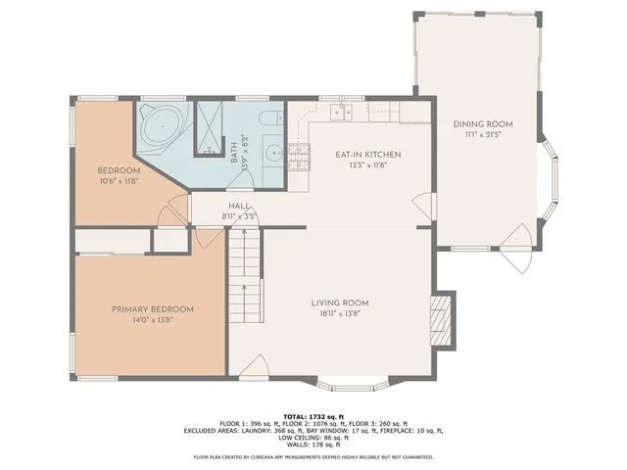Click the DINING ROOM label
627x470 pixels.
click(482, 124)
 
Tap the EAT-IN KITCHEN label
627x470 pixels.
click(368, 155)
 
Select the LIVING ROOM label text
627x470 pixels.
click(340, 303)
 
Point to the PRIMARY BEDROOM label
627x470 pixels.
click(152, 309)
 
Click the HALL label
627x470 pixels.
click(239, 207)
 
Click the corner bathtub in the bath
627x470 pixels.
click(158, 126)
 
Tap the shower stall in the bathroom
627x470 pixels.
click(210, 127)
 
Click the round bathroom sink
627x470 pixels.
click(273, 153)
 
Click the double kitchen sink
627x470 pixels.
click(341, 112)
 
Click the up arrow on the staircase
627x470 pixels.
click(243, 289)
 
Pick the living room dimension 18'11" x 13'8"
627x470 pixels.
click(340, 313)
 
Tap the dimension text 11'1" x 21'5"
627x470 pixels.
click(482, 135)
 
